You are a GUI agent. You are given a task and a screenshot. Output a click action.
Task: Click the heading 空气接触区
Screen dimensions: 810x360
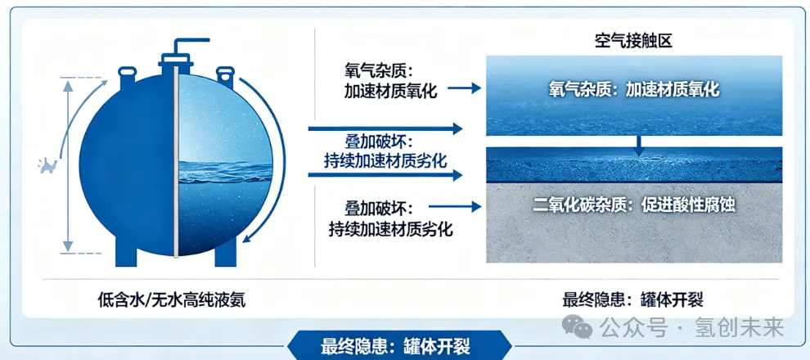tap(632, 40)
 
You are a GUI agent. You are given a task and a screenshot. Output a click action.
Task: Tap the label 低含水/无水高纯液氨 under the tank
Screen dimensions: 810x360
tap(172, 299)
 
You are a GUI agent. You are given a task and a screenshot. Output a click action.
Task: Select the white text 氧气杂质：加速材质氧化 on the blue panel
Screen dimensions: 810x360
tap(634, 90)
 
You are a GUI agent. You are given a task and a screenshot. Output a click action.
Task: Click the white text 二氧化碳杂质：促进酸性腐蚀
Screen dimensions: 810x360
tap(634, 205)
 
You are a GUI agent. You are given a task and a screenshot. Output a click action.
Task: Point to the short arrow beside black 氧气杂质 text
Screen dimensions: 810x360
tap(464, 89)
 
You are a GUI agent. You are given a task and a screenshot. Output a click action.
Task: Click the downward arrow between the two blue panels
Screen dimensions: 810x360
tap(639, 146)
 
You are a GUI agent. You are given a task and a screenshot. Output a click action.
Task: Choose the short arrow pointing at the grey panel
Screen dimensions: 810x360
tap(455, 207)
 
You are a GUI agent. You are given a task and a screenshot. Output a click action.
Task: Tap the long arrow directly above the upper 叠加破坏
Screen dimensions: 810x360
tap(385, 128)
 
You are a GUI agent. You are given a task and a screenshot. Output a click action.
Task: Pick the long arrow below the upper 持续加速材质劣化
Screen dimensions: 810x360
tap(385, 175)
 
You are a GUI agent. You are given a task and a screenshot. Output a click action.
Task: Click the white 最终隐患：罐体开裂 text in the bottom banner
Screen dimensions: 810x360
tap(396, 346)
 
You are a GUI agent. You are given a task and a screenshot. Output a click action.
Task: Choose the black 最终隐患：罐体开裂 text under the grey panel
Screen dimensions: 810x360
tap(632, 299)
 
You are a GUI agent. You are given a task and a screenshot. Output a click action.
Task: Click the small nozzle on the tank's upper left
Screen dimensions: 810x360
tap(127, 78)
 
